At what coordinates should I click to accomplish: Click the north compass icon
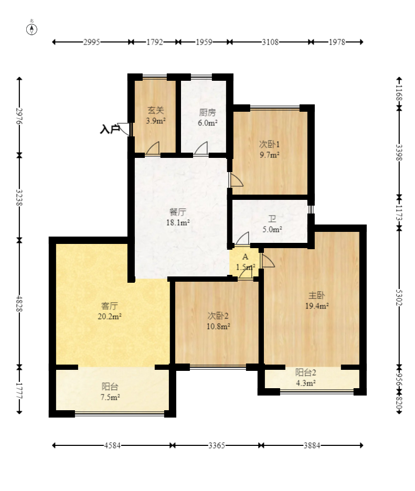[31, 28]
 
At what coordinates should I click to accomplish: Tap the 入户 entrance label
[110, 129]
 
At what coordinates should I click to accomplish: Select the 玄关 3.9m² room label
[156, 115]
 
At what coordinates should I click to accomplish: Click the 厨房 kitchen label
[207, 112]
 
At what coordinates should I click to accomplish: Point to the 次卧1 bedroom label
[269, 144]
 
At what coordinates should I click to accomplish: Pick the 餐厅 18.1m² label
[177, 217]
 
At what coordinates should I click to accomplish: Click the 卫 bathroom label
[272, 219]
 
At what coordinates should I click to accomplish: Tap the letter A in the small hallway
[245, 257]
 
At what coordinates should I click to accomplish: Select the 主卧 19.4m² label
[317, 301]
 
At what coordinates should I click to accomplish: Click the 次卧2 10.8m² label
[218, 321]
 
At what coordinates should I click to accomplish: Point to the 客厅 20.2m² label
[110, 311]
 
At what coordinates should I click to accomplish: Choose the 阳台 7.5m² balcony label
[110, 392]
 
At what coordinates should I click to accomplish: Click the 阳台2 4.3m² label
[306, 377]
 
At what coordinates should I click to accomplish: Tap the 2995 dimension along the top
[91, 42]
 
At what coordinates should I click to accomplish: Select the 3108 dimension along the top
[270, 42]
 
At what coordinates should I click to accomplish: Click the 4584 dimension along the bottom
[112, 445]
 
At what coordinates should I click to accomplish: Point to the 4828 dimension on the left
[19, 303]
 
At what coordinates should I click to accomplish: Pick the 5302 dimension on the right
[399, 297]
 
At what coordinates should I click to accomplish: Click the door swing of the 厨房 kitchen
[201, 148]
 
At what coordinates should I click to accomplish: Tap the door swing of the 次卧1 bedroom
[237, 180]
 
